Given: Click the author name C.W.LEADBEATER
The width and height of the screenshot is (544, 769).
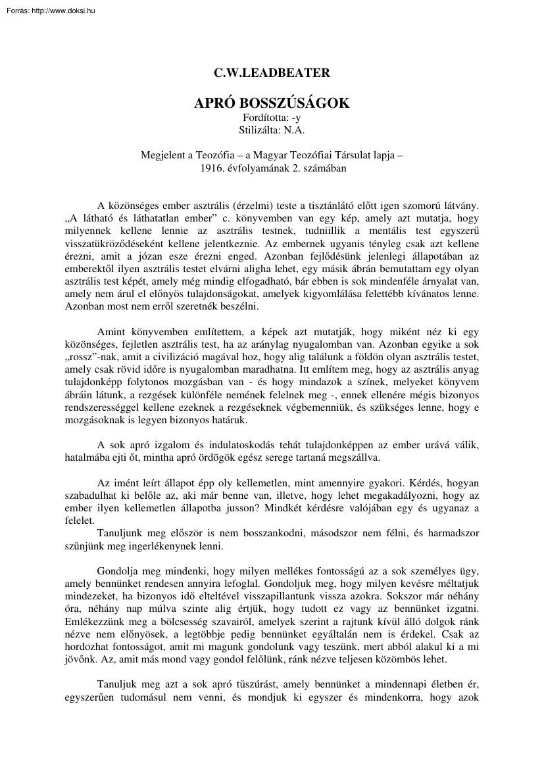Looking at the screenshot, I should point(272,74).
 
